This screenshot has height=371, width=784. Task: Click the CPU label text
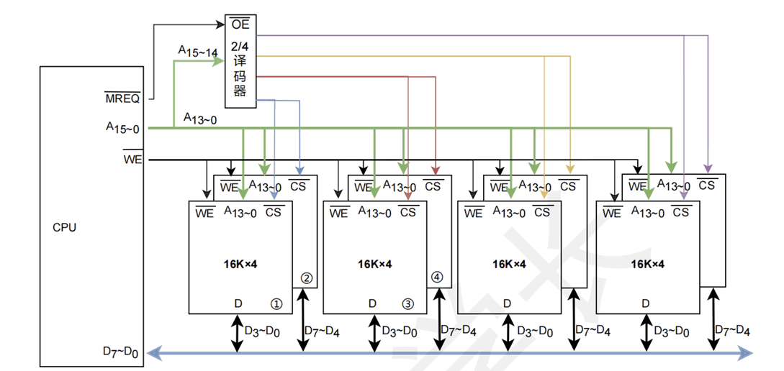click(x=65, y=228)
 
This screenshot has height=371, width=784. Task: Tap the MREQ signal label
click(x=122, y=99)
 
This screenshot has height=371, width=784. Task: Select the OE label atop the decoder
click(x=240, y=24)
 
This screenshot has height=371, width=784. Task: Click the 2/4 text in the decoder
click(x=240, y=47)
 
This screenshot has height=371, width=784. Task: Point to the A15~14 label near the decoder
click(x=198, y=52)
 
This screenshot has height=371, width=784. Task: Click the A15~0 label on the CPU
click(x=122, y=127)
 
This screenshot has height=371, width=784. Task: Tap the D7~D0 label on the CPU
click(x=120, y=352)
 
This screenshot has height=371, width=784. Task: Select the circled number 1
click(x=276, y=303)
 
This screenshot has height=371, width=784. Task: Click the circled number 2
click(x=306, y=278)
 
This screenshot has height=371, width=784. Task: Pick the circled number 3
click(x=407, y=303)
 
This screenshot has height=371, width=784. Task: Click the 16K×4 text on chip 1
click(x=240, y=264)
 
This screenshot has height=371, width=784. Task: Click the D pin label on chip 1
click(x=238, y=303)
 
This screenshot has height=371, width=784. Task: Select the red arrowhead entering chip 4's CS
click(x=436, y=170)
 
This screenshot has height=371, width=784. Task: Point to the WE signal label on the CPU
click(x=132, y=160)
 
